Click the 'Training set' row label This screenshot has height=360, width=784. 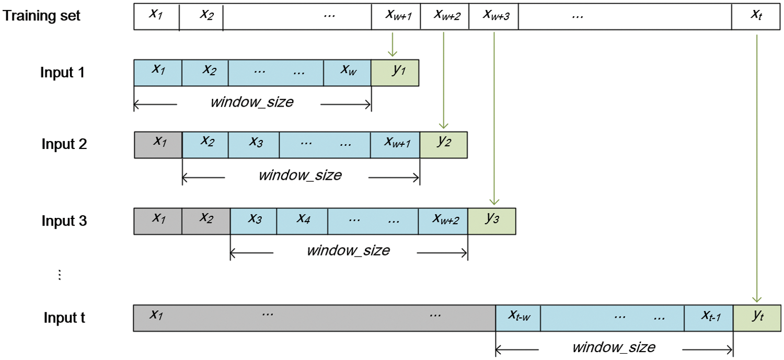click(x=42, y=16)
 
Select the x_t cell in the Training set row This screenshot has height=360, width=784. click(x=757, y=16)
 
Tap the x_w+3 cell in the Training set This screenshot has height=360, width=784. click(x=493, y=16)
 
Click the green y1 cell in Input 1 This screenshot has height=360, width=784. click(x=395, y=72)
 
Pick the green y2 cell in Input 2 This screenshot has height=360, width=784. click(x=443, y=144)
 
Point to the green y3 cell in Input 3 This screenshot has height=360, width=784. click(x=491, y=220)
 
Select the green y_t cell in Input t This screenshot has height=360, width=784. click(x=757, y=318)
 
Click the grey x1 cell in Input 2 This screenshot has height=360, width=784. click(x=158, y=144)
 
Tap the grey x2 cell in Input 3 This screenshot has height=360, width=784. click(x=206, y=220)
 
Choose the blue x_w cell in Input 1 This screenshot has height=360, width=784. click(x=347, y=72)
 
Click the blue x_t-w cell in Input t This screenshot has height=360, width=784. click(x=517, y=318)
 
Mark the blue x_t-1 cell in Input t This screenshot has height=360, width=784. click(x=708, y=318)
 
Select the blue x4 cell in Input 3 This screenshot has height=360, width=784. click(x=302, y=220)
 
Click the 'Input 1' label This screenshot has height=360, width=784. click(x=62, y=72)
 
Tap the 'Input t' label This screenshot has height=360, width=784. click(x=64, y=318)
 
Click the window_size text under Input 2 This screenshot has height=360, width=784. click(x=300, y=175)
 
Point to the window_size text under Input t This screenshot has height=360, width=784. click(x=614, y=347)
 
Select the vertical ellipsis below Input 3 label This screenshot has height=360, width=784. click(x=59, y=275)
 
